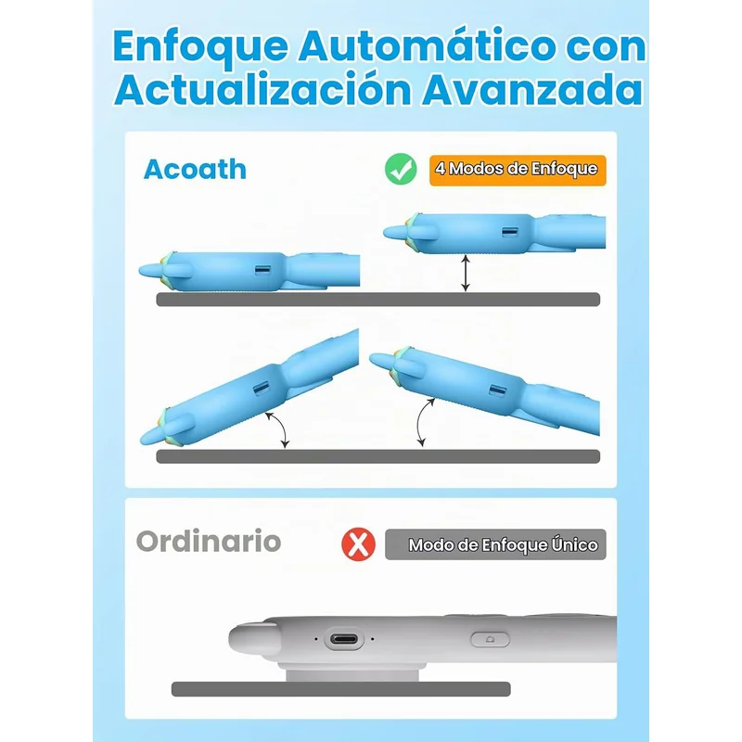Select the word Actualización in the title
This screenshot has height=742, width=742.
[x=262, y=89]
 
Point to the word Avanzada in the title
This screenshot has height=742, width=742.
[x=532, y=90]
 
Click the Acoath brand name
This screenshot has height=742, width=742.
[x=195, y=169]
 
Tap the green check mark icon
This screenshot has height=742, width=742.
[x=401, y=169]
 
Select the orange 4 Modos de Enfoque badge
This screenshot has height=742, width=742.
[x=518, y=170]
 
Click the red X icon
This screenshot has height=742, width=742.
[x=358, y=544]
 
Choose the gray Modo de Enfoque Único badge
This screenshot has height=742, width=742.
[x=495, y=544]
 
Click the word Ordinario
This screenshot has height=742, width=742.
[x=208, y=542]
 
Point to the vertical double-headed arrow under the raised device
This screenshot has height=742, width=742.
[x=466, y=273]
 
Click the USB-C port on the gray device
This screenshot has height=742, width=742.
[x=344, y=639]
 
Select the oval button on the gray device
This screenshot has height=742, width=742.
[x=491, y=639]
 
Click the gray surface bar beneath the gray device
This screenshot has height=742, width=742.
[x=340, y=689]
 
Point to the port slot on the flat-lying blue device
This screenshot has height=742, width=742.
[x=262, y=270]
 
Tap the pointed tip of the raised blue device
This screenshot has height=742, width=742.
[x=385, y=233]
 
